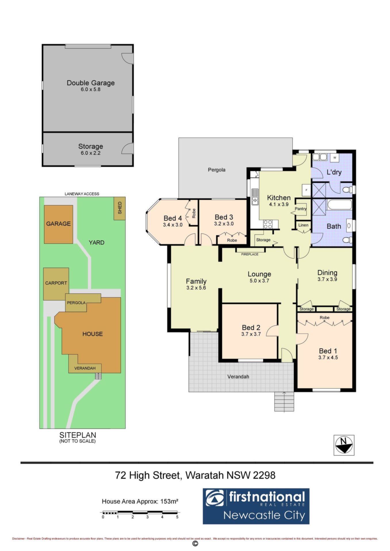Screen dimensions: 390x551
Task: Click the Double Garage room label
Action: click(x=91, y=83)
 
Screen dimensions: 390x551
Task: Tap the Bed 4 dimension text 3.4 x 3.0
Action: click(x=173, y=225)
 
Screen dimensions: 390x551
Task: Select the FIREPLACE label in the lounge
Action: click(x=250, y=254)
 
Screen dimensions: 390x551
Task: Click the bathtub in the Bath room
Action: click(x=339, y=205)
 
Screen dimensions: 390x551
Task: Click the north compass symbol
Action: click(x=344, y=445)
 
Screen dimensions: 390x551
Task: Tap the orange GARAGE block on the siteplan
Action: click(x=58, y=224)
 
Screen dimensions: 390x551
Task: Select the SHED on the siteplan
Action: click(x=120, y=208)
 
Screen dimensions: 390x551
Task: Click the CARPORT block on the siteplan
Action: click(x=56, y=284)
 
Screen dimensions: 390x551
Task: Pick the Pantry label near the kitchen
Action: click(x=301, y=209)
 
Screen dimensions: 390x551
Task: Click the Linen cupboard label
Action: click(x=303, y=225)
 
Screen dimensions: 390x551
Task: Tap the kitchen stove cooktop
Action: click(x=268, y=224)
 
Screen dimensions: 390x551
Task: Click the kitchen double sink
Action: click(x=255, y=197)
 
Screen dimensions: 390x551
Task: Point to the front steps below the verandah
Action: click(x=284, y=401)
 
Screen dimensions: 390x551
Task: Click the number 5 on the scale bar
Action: click(x=177, y=517)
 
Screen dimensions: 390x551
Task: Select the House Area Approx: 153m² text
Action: click(x=140, y=502)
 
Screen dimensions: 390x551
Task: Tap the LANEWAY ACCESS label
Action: click(x=82, y=194)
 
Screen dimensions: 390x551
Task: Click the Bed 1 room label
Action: click(x=328, y=351)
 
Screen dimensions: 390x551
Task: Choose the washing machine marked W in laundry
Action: click(x=335, y=158)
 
